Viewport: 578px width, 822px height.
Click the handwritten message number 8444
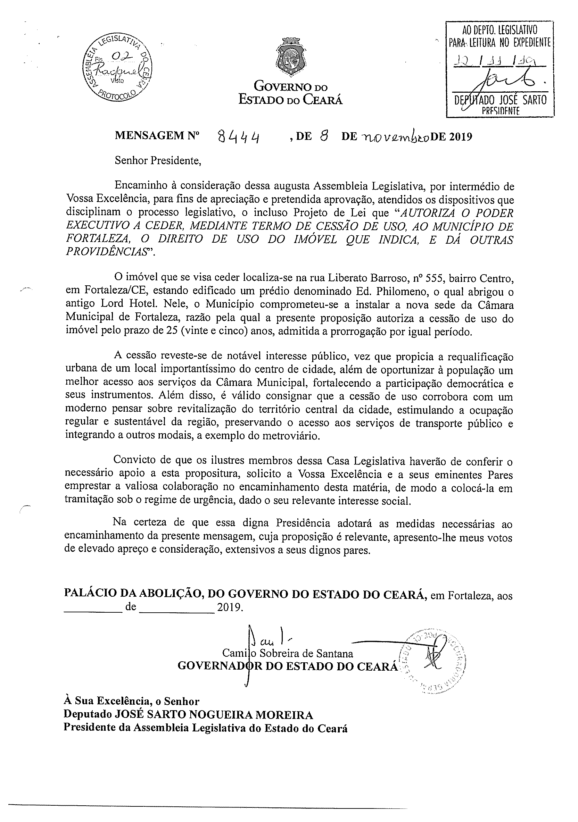click(239, 137)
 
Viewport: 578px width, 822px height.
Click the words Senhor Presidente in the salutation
click(158, 160)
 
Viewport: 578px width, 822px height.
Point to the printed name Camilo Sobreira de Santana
click(287, 654)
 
